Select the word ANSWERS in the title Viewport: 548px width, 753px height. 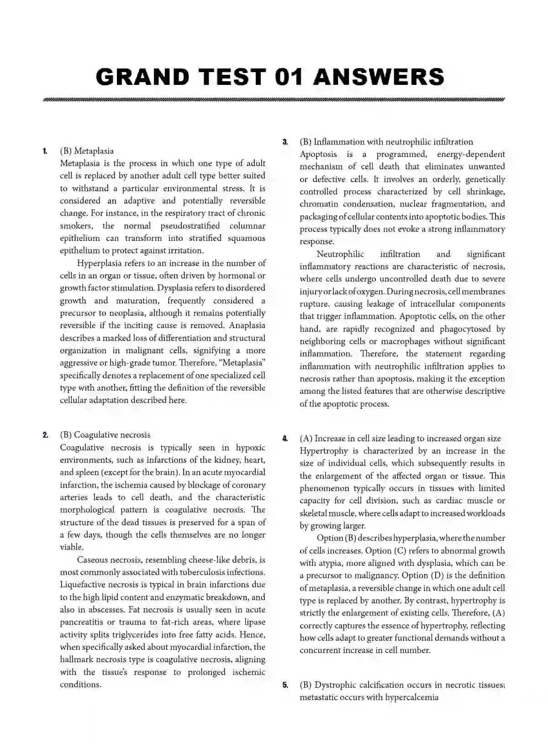tap(379, 77)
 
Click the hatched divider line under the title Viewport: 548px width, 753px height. tap(273, 99)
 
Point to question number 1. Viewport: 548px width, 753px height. tap(45, 151)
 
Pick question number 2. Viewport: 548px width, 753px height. tap(45, 435)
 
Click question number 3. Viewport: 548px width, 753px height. tap(285, 142)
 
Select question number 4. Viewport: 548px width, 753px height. tap(285, 439)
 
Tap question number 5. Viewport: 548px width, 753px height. tap(285, 685)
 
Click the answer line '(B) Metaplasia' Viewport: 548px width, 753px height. tap(87, 151)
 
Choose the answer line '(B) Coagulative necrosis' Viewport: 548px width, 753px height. tap(105, 435)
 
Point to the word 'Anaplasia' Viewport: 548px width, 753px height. tap(247, 325)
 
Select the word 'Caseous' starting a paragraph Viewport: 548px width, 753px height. tap(93, 560)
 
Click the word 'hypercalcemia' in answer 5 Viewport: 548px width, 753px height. tap(411, 697)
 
